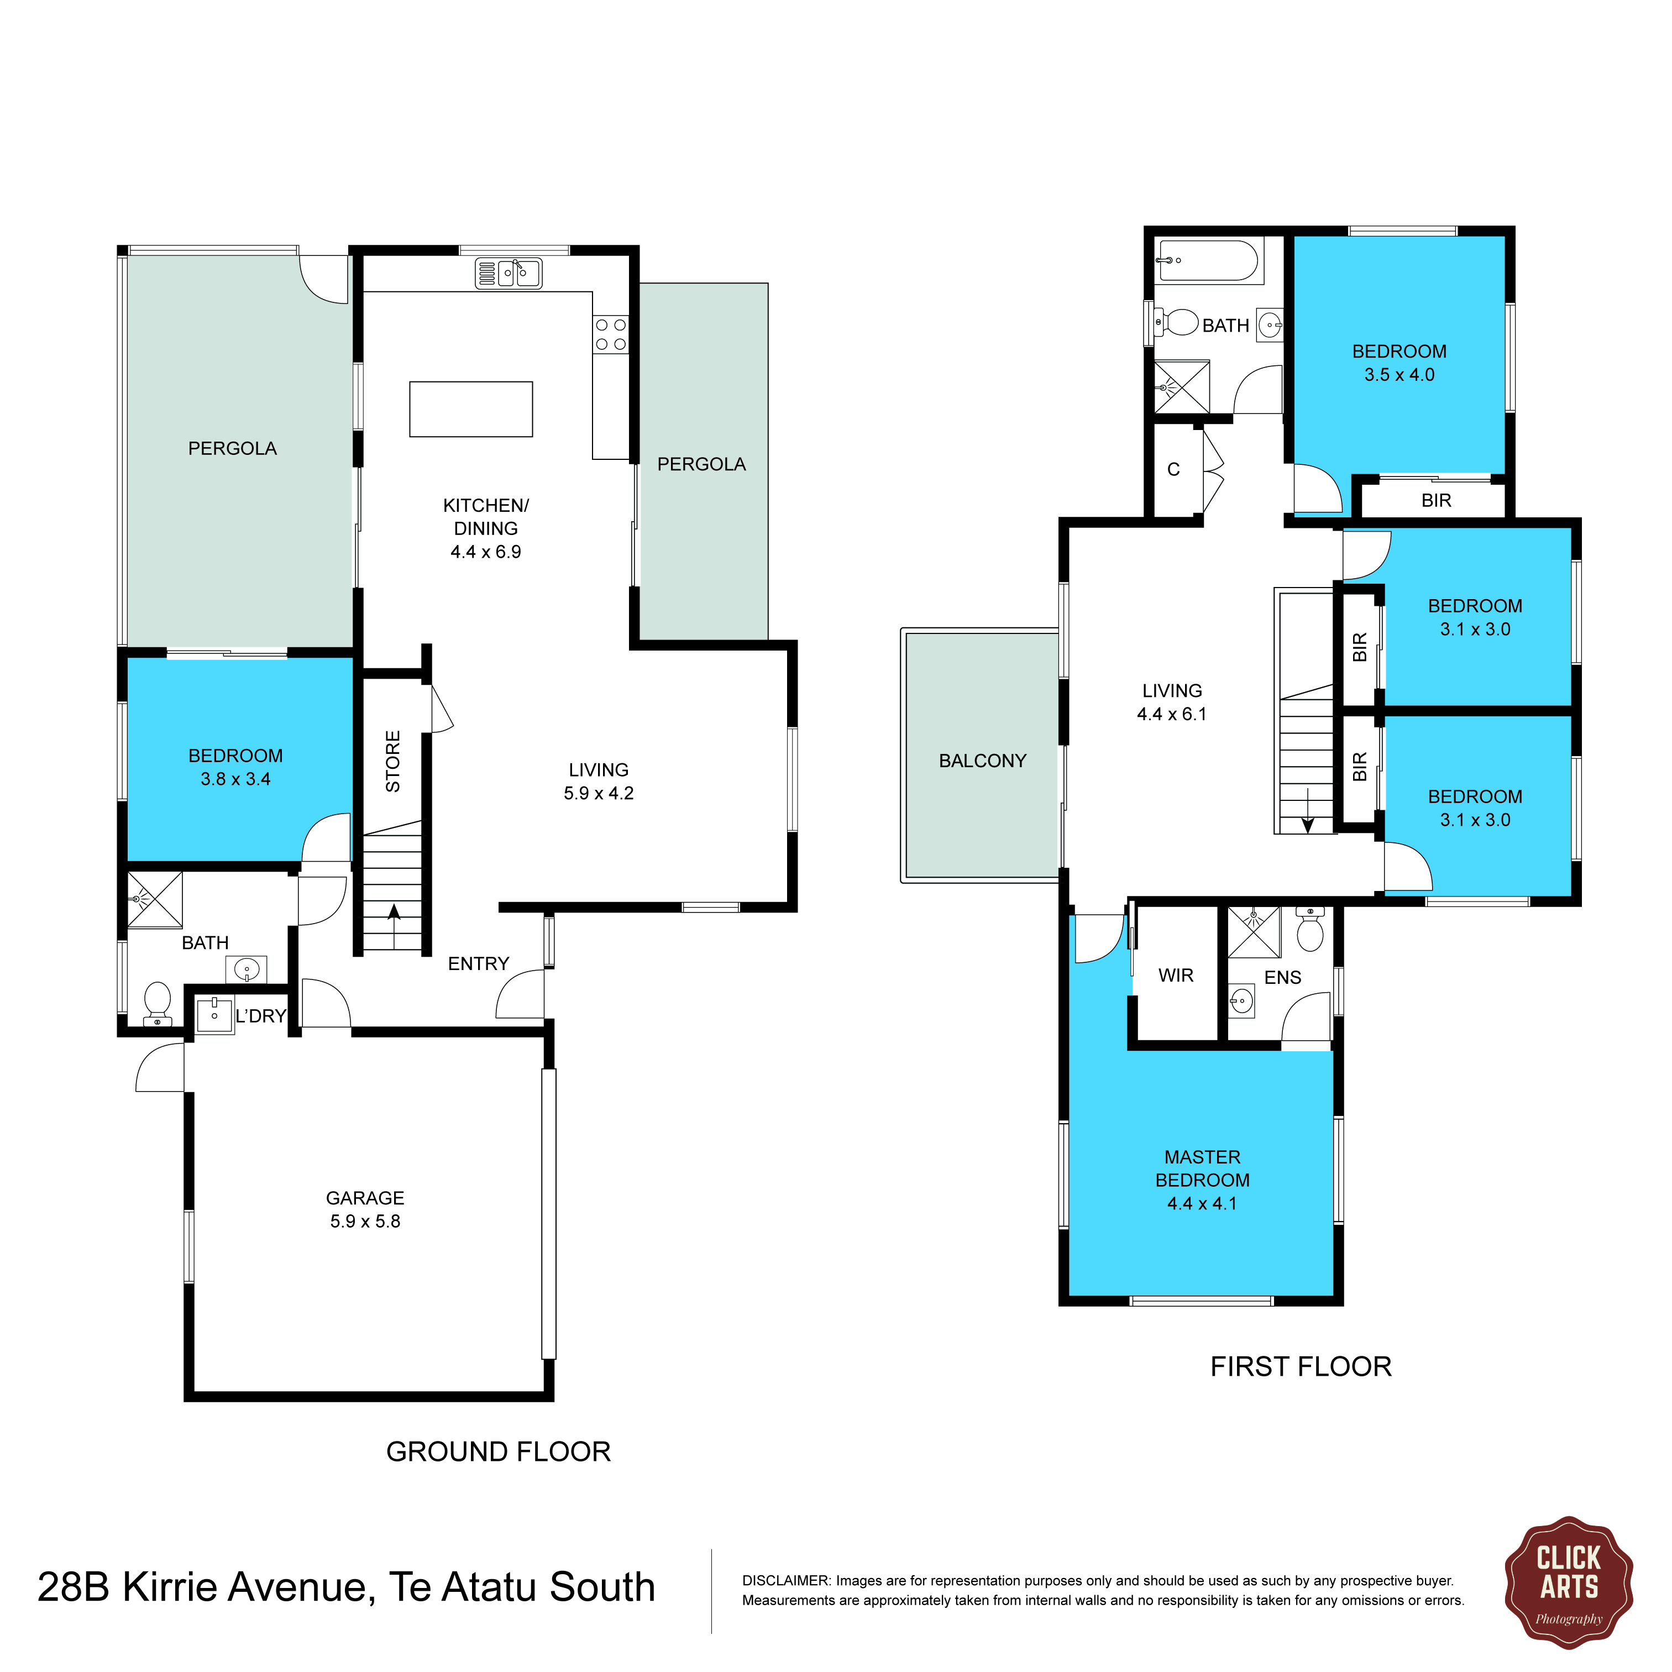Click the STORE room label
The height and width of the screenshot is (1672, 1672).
click(393, 762)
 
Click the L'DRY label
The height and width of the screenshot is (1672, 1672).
click(260, 1016)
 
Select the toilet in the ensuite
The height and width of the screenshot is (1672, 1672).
click(1311, 930)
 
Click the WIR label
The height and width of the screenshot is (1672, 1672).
click(1176, 976)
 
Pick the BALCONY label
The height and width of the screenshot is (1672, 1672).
click(982, 761)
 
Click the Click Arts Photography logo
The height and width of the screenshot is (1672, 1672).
click(1568, 1583)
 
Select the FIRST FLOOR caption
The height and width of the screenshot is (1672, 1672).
click(1301, 1366)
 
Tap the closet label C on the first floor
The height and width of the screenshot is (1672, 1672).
click(1173, 469)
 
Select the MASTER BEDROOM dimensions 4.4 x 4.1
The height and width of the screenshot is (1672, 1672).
click(1202, 1204)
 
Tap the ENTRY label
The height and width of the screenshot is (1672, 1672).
click(479, 964)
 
